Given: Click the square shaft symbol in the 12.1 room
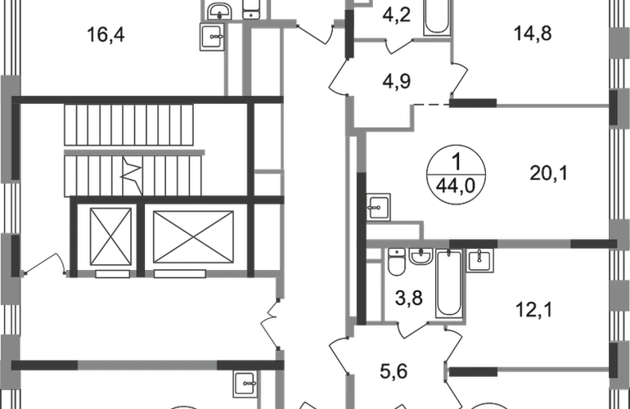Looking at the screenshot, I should [478, 261].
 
